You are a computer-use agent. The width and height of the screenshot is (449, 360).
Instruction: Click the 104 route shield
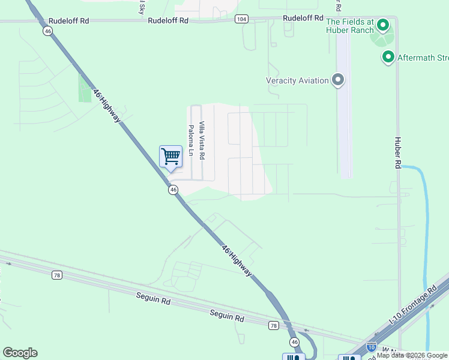[x=241, y=19]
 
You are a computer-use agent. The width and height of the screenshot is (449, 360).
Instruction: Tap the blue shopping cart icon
[x=171, y=157]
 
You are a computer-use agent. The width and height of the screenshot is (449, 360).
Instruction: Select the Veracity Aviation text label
[x=297, y=80]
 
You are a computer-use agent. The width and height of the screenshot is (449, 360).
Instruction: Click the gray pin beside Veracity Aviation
[x=338, y=80]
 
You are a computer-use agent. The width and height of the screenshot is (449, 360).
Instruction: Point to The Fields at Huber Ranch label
[x=350, y=25]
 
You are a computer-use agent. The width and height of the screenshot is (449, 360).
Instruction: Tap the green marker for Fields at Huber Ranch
[x=382, y=25]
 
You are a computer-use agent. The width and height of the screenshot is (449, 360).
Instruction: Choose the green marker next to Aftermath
[x=388, y=57]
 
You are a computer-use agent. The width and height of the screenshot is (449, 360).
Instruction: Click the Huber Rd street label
[x=397, y=152]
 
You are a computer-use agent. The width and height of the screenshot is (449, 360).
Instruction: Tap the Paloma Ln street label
[x=191, y=140]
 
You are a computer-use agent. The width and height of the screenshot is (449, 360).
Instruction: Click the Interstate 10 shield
[x=372, y=347]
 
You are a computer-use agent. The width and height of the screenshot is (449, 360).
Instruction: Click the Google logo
[x=20, y=353]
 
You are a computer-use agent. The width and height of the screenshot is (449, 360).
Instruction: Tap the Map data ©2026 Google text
[x=412, y=355]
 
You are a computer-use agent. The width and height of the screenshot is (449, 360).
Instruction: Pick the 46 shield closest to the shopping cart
[x=173, y=190]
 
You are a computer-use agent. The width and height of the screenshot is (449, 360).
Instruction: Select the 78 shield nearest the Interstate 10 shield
[x=274, y=325]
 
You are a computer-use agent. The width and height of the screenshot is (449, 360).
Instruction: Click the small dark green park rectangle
[x=85, y=87]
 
